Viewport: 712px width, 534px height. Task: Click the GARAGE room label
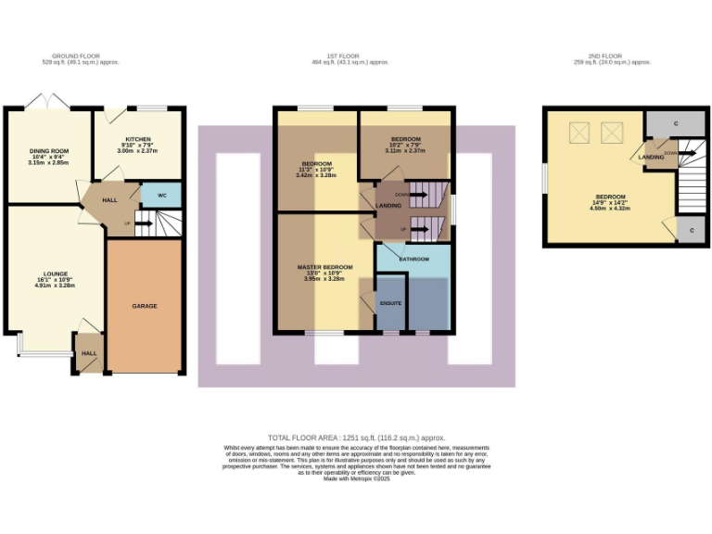tap(145, 305)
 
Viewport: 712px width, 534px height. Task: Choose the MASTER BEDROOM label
tap(324, 267)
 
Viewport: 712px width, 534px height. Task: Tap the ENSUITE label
tap(389, 302)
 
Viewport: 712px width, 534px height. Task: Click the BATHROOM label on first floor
tap(413, 259)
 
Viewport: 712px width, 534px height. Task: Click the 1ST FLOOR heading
tap(350, 56)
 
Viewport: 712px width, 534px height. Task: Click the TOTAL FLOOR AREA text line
tap(357, 437)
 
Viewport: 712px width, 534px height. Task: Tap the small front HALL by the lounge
tap(89, 353)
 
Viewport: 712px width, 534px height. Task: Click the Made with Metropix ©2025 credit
tap(357, 477)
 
